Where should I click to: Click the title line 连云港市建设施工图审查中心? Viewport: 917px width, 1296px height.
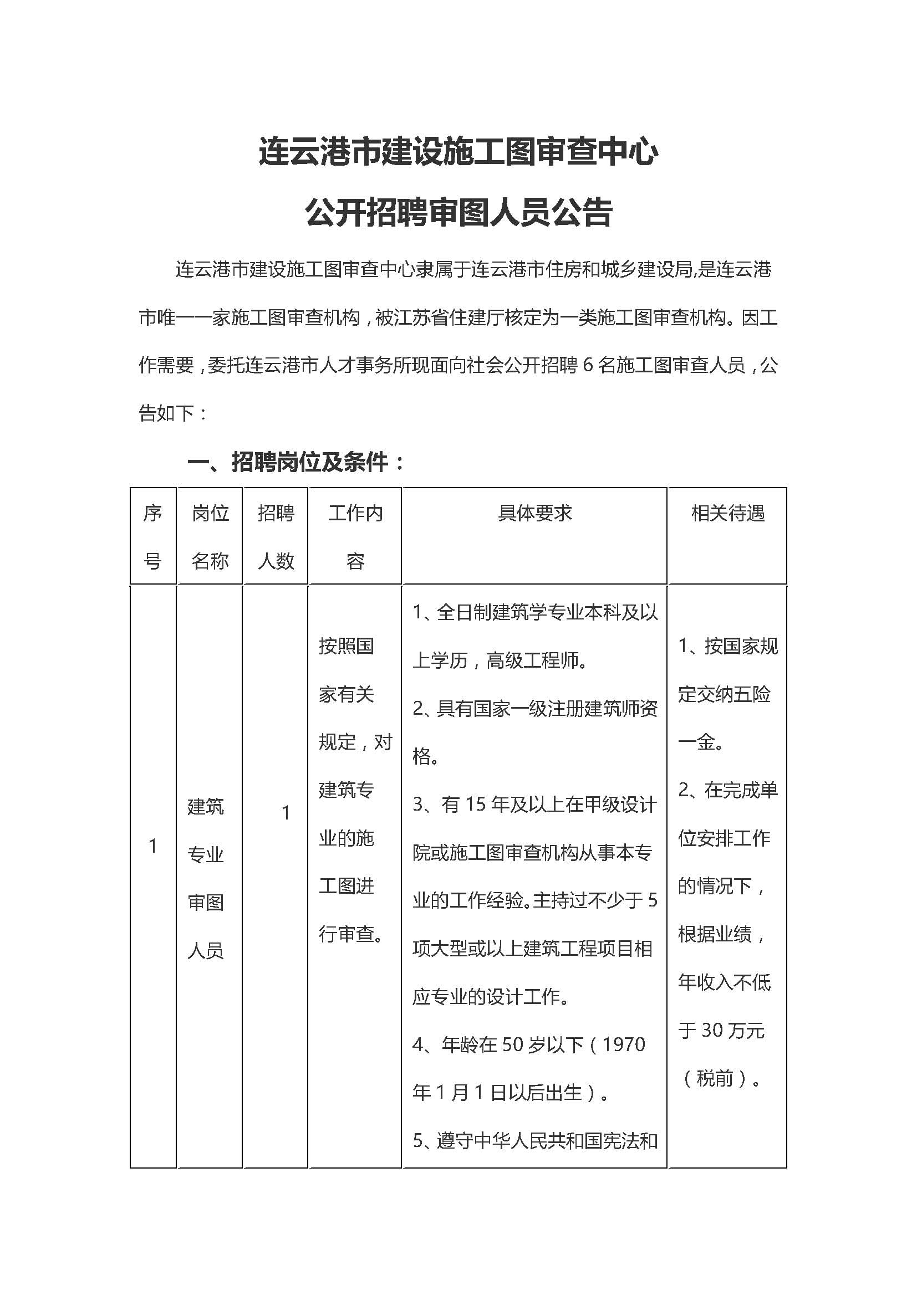[458, 152]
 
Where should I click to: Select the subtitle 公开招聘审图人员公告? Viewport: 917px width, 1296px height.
[458, 213]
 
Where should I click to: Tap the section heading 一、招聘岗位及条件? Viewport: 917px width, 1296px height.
[297, 463]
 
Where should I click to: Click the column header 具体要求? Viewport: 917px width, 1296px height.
[534, 513]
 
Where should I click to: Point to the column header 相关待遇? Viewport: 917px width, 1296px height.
[727, 513]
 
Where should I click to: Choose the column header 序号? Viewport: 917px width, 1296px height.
[153, 536]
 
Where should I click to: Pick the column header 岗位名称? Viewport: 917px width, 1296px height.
[210, 536]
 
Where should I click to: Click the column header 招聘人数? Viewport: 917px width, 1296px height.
[276, 536]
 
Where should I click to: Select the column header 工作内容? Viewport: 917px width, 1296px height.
[355, 536]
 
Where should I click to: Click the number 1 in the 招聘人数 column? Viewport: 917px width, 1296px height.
[286, 813]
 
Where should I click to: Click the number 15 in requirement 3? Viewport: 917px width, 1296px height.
[476, 805]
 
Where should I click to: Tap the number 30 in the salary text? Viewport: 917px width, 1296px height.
[712, 1031]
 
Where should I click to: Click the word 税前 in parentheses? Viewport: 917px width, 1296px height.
[715, 1079]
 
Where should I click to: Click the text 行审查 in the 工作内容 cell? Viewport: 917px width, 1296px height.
[346, 934]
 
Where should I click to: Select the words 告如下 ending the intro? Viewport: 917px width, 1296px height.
[166, 414]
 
